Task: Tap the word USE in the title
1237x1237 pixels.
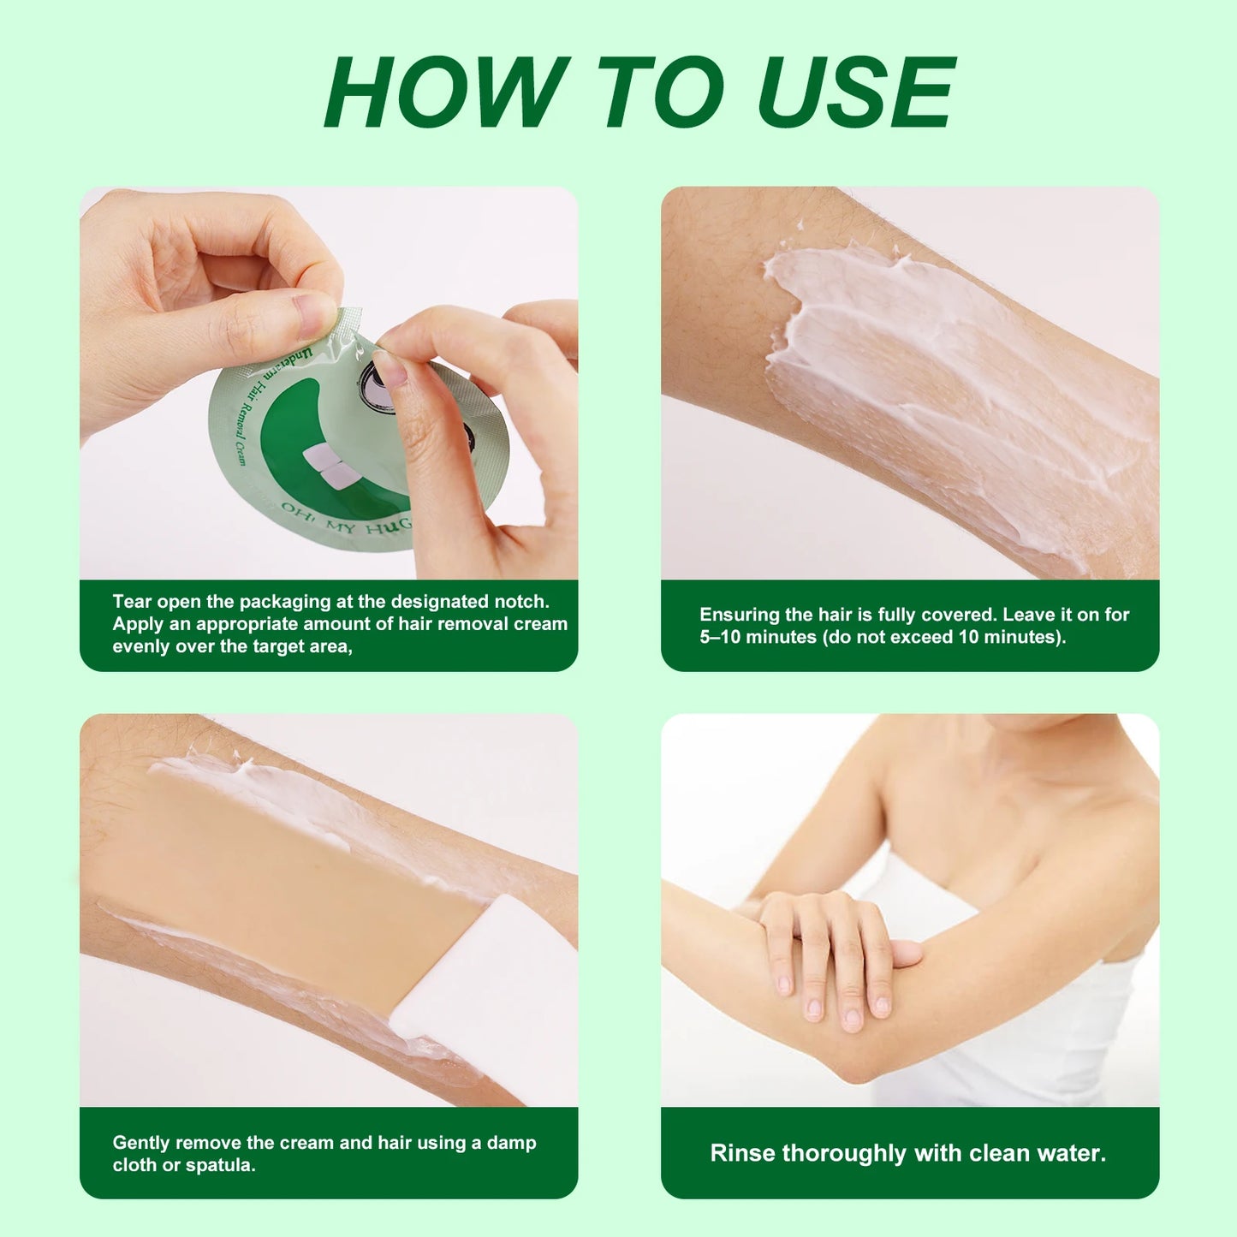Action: (856, 92)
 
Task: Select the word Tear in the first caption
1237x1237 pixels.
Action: (132, 602)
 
